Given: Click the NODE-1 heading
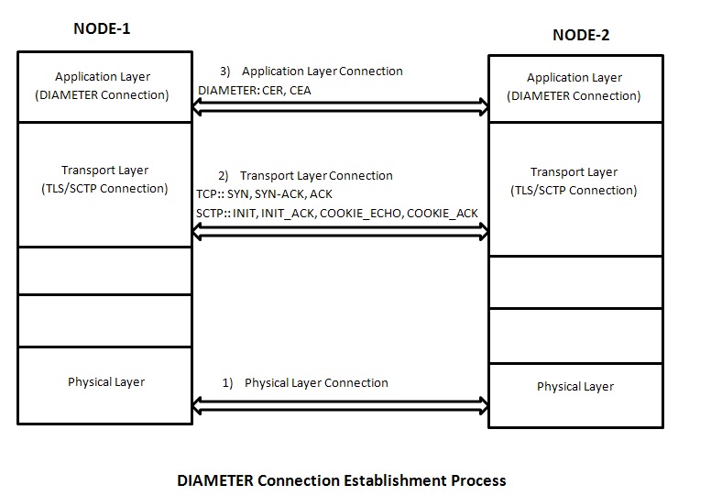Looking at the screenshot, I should (102, 28).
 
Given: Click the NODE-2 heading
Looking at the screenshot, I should (581, 36).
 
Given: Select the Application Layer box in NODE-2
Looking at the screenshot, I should (574, 87).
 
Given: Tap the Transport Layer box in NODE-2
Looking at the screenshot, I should (574, 188).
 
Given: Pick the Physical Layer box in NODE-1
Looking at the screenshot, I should (105, 385).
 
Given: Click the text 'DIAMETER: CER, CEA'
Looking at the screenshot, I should (255, 90).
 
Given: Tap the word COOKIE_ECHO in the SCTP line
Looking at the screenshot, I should (364, 214).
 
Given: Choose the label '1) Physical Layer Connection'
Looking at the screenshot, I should (306, 382).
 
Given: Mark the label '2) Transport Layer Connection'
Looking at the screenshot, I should (305, 175).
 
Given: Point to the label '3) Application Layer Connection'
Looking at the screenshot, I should (312, 71).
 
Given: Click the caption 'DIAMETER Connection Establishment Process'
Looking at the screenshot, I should (341, 479).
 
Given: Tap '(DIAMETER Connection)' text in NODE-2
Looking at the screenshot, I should (574, 95).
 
